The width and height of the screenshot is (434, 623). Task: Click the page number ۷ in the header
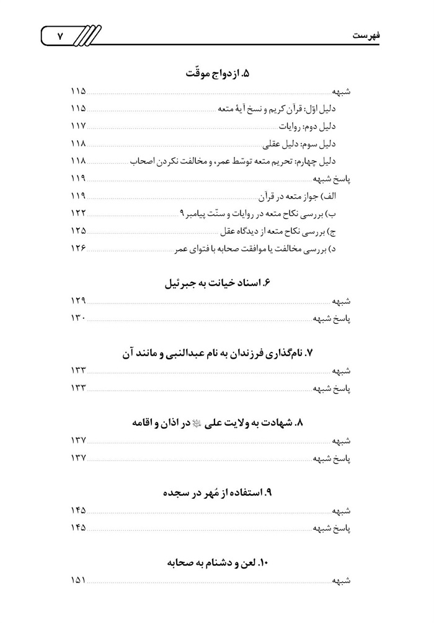pyautogui.click(x=60, y=36)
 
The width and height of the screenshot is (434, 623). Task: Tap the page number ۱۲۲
pyautogui.click(x=77, y=214)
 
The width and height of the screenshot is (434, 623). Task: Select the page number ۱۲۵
pyautogui.click(x=77, y=231)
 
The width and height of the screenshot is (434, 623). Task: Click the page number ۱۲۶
pyautogui.click(x=77, y=249)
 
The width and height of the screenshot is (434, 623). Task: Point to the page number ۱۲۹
pyautogui.click(x=77, y=302)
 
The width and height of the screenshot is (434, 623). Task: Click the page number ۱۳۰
pyautogui.click(x=77, y=319)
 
